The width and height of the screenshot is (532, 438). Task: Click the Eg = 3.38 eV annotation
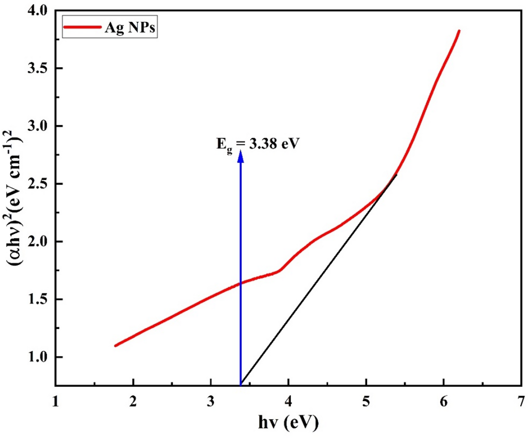pos(258,144)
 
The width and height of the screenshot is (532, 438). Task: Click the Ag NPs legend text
pos(130,27)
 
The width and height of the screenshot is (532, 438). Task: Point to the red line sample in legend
pos(83,27)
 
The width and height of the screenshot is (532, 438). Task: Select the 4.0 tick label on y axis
pos(38,11)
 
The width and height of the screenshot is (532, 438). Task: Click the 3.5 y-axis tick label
pos(38,68)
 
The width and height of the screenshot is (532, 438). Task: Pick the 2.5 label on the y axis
pos(38,184)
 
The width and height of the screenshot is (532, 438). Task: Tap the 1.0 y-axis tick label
pos(38,357)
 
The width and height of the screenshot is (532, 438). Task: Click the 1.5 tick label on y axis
pos(38,299)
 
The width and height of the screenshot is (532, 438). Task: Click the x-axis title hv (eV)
pos(288,422)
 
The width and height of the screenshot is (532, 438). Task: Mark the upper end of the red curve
pos(459,31)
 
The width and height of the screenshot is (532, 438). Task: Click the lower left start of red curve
pos(115,346)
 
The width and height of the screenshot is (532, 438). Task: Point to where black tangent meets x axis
pos(241,385)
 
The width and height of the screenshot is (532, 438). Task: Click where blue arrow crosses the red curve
pos(241,283)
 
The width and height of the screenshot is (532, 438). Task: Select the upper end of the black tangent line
pos(397,175)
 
